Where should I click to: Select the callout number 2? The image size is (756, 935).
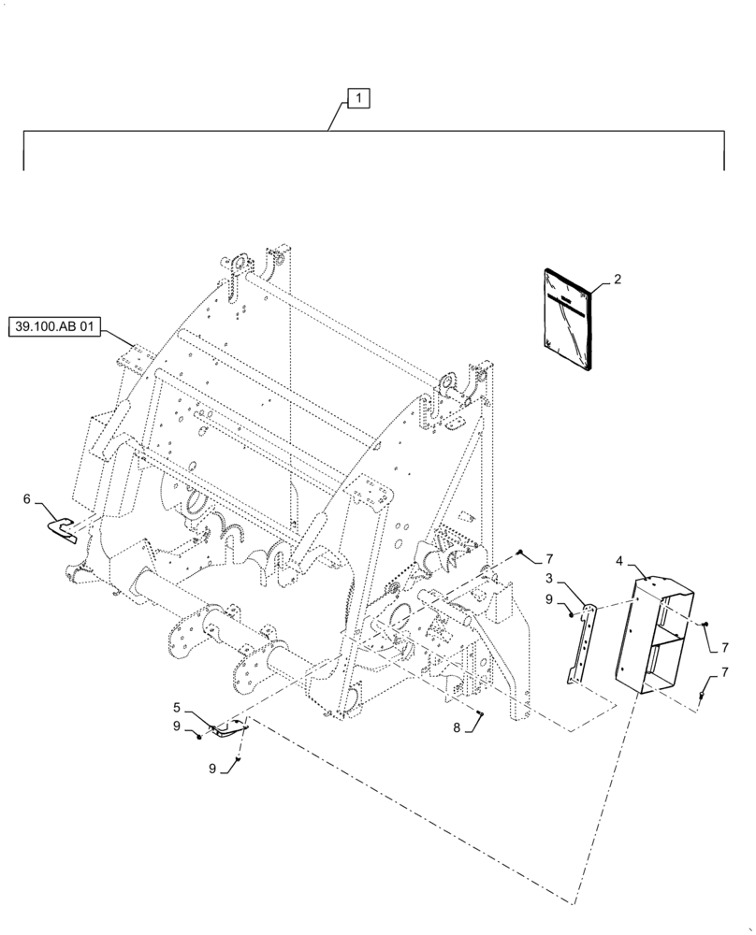tap(618, 279)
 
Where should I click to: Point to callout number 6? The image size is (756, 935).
tap(38, 501)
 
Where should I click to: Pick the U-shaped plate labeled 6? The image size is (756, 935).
tap(64, 528)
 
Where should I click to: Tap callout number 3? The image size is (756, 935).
tap(577, 580)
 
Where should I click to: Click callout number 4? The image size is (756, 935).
tap(619, 561)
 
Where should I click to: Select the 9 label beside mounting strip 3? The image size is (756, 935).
tap(551, 598)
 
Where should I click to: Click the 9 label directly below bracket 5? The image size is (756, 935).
tap(214, 770)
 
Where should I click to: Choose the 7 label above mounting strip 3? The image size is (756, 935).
tap(550, 559)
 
